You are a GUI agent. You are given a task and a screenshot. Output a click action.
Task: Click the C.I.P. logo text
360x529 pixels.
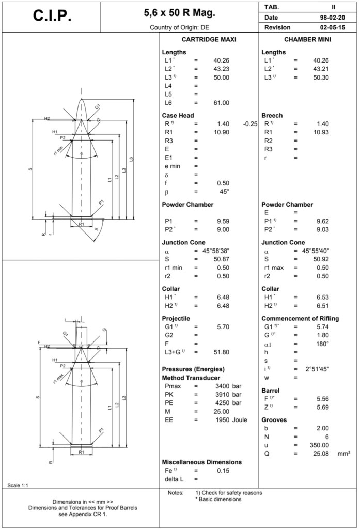pyautogui.click(x=52, y=17)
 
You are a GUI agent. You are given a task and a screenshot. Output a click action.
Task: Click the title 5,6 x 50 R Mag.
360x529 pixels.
pyautogui.click(x=179, y=12)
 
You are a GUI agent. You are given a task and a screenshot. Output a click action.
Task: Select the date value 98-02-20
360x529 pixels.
pyautogui.click(x=328, y=17)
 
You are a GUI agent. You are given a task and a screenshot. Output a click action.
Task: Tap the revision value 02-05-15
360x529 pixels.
pyautogui.click(x=328, y=27)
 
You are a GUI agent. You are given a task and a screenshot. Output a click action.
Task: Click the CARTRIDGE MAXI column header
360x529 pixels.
pyautogui.click(x=209, y=40)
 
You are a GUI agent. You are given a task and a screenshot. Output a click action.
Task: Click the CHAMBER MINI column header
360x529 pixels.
pyautogui.click(x=308, y=40)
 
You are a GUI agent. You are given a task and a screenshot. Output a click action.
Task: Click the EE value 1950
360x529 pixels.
pyautogui.click(x=222, y=419)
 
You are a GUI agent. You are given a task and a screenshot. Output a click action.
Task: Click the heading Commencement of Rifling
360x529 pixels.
pyautogui.click(x=300, y=318)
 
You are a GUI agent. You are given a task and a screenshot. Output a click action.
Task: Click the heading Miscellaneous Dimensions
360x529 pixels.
pyautogui.click(x=202, y=462)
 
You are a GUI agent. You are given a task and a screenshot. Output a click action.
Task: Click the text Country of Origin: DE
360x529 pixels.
pyautogui.click(x=179, y=27)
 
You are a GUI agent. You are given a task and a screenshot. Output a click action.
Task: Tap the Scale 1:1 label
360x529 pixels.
pyautogui.click(x=19, y=485)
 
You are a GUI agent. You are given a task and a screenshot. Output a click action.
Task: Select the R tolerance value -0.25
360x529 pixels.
pyautogui.click(x=250, y=124)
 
